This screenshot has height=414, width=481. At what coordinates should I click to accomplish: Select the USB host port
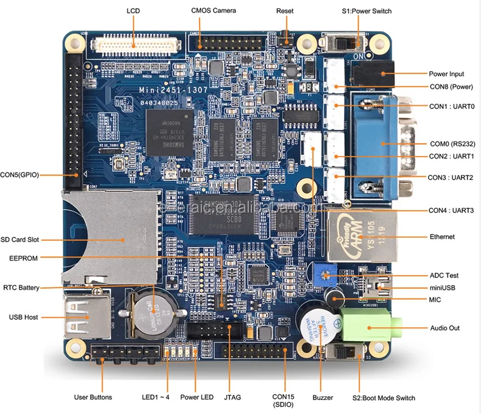[80, 316]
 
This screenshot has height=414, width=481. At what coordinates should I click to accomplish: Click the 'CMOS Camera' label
[214, 11]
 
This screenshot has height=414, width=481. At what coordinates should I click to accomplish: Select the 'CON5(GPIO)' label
[19, 174]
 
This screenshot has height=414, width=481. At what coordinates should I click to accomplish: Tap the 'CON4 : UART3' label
[451, 210]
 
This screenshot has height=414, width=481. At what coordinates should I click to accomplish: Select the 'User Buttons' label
[93, 398]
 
